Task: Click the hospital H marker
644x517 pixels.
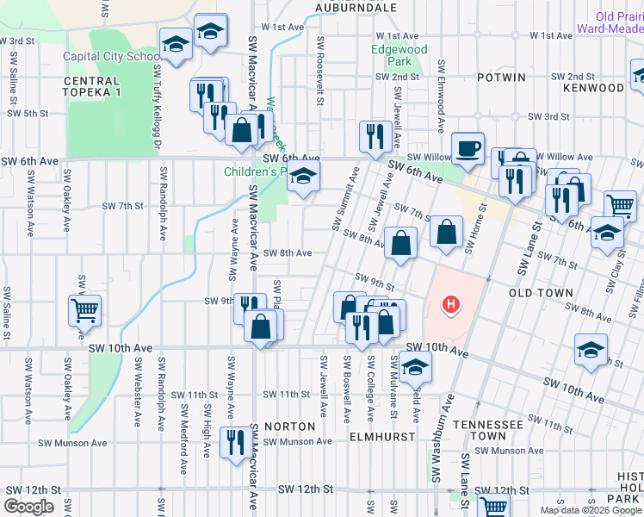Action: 449,304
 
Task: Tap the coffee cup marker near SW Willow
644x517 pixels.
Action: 468,147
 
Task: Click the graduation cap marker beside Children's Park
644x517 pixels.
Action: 301,178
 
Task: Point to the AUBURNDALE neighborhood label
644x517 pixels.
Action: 355,7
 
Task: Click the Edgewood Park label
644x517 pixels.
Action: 399,56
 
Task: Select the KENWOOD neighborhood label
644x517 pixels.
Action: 593,88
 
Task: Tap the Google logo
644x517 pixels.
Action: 28,507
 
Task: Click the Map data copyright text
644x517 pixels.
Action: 591,510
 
